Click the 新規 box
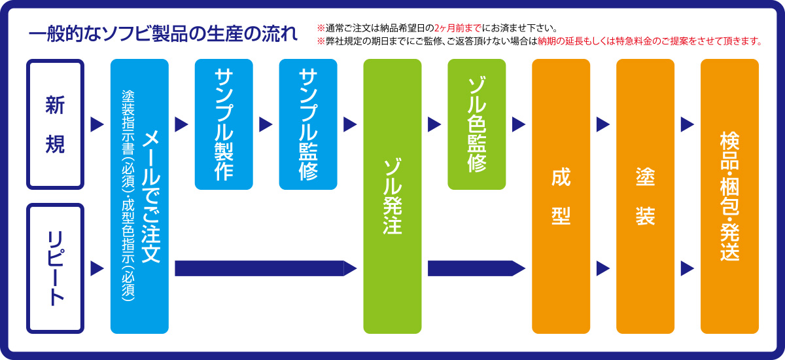(56, 124)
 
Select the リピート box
(56, 268)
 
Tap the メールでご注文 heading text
(151, 196)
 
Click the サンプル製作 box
(224, 124)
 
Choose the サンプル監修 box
(308, 124)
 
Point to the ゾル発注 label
(392, 196)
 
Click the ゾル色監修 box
(477, 124)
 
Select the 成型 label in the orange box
(561, 196)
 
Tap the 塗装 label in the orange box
(645, 196)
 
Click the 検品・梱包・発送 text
(729, 196)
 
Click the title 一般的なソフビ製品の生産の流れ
(163, 34)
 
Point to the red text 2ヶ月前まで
(458, 28)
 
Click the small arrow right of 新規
(97, 124)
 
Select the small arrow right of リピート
(97, 268)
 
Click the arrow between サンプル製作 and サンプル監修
(266, 124)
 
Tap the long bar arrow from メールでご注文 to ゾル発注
(266, 268)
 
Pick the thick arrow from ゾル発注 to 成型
(477, 268)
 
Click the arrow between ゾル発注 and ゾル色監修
(434, 124)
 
